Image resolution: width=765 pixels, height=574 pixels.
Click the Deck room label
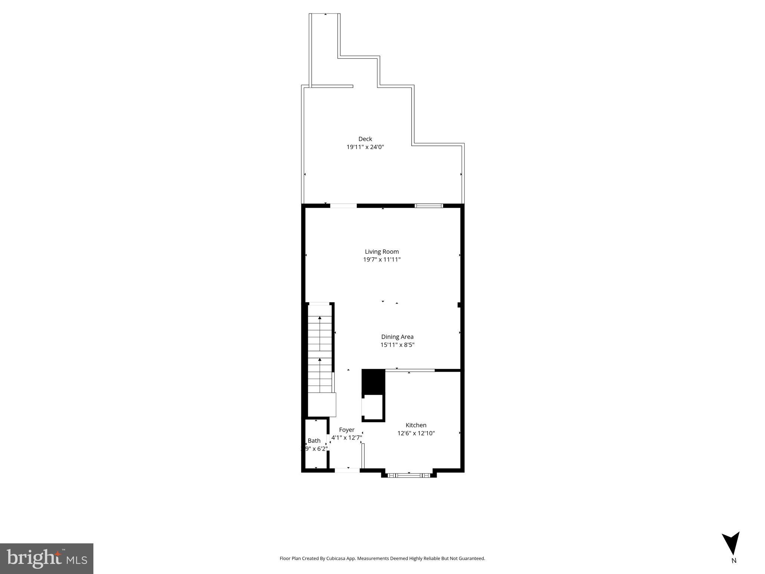365,139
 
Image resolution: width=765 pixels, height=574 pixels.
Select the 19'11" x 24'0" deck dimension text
365,147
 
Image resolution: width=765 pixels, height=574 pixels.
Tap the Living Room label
382,251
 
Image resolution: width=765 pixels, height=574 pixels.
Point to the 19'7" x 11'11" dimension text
382,260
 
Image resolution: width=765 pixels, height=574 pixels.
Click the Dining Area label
397,337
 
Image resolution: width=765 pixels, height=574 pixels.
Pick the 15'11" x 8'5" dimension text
397,345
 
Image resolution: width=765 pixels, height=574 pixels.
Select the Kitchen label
416,425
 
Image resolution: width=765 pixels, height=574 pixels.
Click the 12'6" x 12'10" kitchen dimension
416,433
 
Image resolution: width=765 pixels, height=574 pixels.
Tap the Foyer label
347,430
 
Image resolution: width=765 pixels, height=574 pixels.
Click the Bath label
314,441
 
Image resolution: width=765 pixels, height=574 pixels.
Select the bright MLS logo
47,558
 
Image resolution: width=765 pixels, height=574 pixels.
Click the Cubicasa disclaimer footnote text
382,559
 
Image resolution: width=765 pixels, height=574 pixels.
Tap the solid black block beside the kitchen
373,382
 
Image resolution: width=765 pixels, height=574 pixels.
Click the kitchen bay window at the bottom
409,475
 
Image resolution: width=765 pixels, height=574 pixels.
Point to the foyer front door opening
347,470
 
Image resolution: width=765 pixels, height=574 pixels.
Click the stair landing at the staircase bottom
322,404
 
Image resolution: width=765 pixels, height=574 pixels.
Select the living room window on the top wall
429,206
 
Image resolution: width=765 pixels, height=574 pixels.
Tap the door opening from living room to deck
343,206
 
